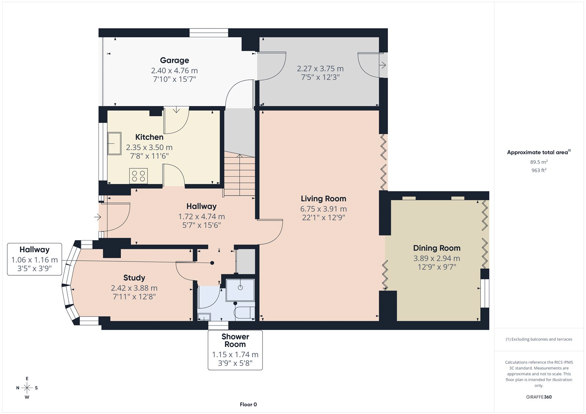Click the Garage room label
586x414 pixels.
coord(174,60)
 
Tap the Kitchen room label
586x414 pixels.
coord(149,137)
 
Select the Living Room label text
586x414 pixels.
coord(323,199)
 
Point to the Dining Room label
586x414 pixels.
coord(437,248)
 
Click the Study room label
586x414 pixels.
coord(134,278)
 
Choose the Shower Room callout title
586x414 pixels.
coord(235,340)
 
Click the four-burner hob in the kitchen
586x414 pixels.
coord(138,176)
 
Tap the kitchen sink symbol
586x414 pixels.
coord(114,143)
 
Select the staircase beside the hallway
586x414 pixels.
coord(240,174)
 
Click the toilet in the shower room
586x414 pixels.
coord(245,313)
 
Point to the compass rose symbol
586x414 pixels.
coord(27,388)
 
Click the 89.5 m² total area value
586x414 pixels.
coord(539,162)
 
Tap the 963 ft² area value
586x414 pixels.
coord(539,170)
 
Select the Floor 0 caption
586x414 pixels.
coord(248,404)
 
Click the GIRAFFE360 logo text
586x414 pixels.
coord(539,397)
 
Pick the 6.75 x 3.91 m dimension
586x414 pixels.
coord(323,209)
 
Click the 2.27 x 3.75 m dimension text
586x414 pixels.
coord(320,69)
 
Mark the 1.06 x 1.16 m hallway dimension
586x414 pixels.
coord(34,260)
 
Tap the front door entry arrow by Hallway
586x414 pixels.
coord(97,217)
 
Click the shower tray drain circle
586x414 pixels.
coord(240,288)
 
